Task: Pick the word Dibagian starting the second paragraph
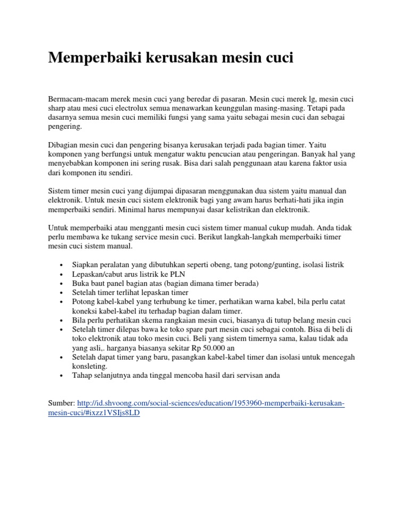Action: click(64, 145)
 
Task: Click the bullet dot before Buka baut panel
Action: click(63, 283)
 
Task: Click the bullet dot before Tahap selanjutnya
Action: click(63, 376)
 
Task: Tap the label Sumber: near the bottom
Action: click(62, 403)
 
